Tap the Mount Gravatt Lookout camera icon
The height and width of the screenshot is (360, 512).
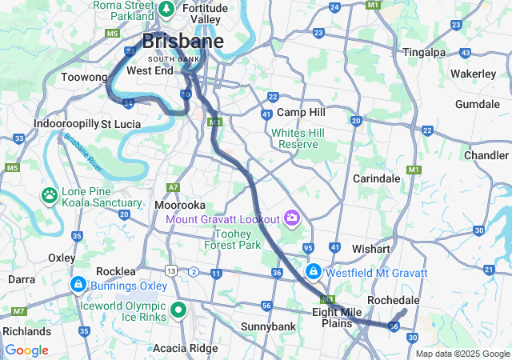point(292,218)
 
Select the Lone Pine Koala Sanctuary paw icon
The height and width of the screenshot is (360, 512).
point(50,194)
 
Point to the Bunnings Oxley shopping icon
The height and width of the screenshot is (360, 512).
point(78,284)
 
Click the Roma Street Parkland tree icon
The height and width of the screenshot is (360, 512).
point(166,10)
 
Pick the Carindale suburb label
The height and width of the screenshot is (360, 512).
point(376,178)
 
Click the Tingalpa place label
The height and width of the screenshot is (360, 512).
point(423,52)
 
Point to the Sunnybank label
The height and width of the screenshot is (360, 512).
point(268,326)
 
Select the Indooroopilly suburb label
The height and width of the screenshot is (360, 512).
point(66,124)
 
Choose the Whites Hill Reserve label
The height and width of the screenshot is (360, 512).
point(294,138)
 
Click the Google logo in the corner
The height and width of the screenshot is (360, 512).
point(26,350)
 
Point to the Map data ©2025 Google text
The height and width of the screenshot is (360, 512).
point(462,354)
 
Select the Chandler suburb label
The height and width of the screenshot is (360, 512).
point(486,154)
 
